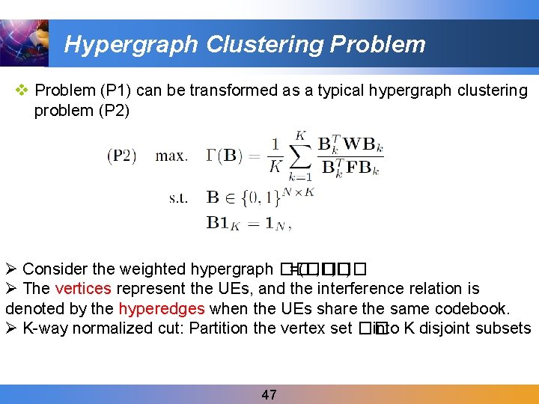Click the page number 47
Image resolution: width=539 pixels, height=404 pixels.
tap(269, 394)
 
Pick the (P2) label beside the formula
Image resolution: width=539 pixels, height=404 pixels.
tap(121, 156)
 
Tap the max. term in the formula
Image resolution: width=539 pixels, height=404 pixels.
tap(171, 156)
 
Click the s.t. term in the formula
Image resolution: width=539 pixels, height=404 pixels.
tap(178, 198)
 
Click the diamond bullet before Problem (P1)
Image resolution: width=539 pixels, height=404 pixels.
tap(22, 91)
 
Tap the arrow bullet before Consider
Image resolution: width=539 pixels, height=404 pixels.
tap(11, 269)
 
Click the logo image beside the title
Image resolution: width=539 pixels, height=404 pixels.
tap(24, 42)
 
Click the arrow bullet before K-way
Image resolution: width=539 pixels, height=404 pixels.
tap(11, 328)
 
